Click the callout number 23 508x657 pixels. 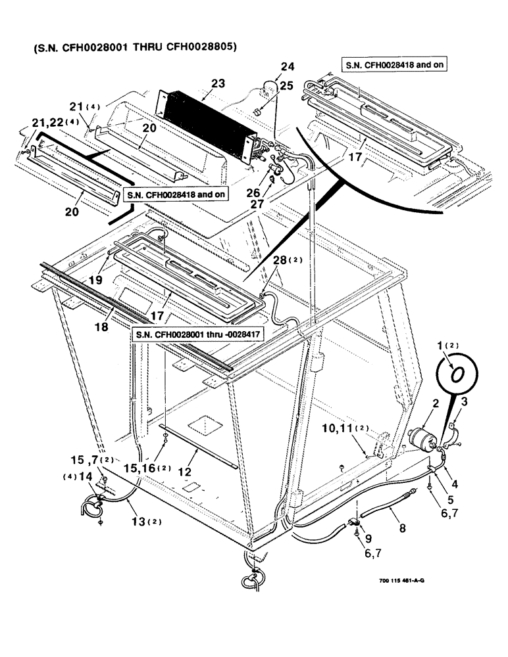(x=218, y=83)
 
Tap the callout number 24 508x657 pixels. (x=288, y=66)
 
